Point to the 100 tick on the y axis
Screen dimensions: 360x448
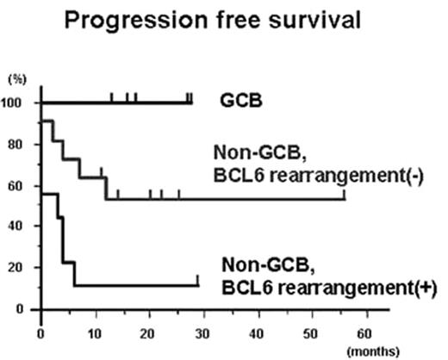tap(17, 103)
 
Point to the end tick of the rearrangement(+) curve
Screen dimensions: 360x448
tap(198, 280)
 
